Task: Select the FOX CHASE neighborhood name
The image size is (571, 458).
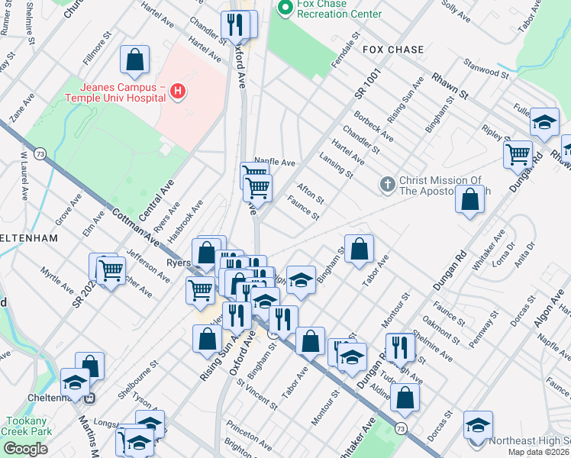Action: [x=392, y=50]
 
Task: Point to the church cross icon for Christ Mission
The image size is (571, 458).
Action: [x=388, y=185]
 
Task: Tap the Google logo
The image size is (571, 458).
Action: [x=24, y=448]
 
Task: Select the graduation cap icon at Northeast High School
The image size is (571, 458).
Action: [x=478, y=424]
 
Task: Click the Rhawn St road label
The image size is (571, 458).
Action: [x=450, y=86]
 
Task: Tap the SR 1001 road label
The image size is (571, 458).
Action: [x=366, y=82]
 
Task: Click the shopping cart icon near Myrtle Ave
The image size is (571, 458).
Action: [x=111, y=269]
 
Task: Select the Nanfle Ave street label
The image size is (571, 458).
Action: [x=274, y=162]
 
